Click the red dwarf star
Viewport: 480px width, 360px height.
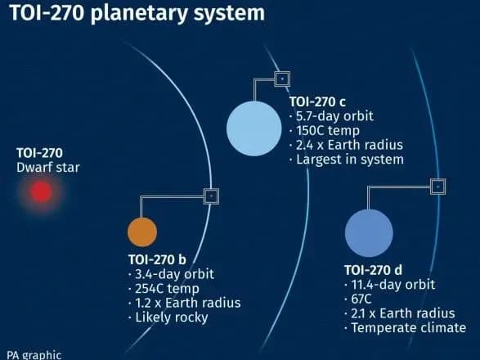[41, 191]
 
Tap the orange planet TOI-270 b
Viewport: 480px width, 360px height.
[141, 232]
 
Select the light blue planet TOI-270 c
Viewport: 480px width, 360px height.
[253, 128]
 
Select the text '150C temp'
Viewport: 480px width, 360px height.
[323, 131]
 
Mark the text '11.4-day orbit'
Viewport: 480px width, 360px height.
[389, 285]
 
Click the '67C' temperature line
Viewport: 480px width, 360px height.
[361, 299]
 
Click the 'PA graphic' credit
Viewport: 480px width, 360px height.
[34, 354]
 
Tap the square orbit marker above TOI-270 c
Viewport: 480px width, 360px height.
[280, 79]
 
